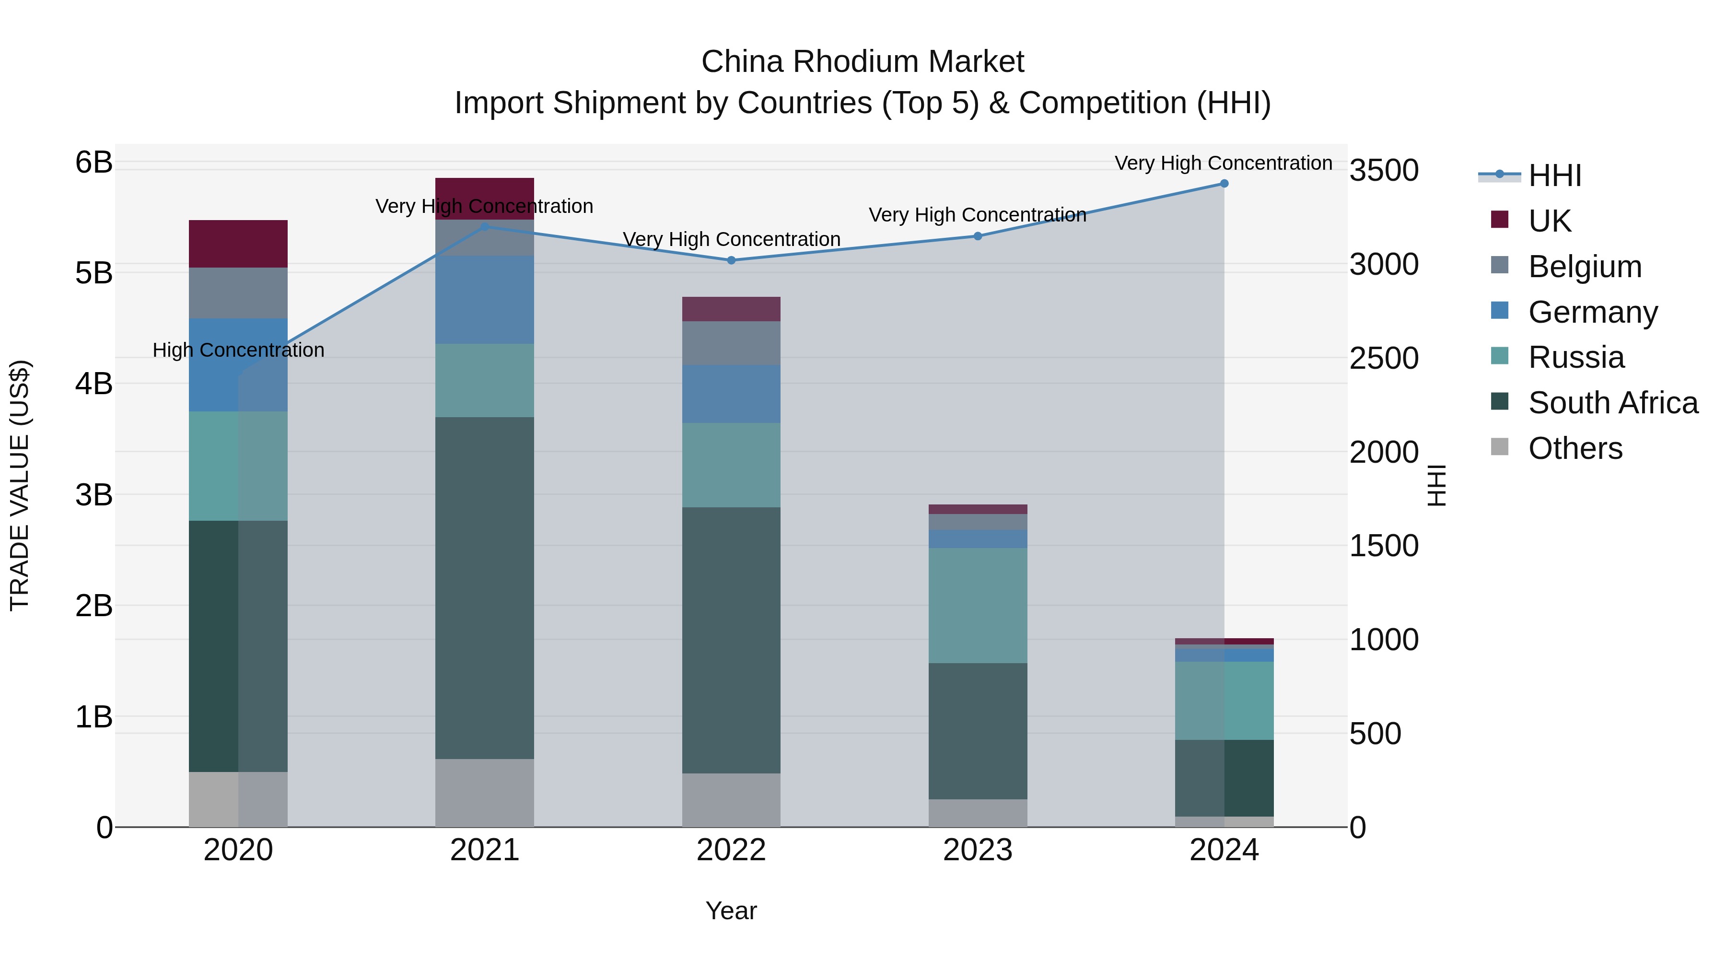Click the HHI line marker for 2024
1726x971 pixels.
pyautogui.click(x=1224, y=184)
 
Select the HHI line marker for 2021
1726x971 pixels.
pyautogui.click(x=485, y=226)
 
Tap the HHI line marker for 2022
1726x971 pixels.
pyautogui.click(x=732, y=260)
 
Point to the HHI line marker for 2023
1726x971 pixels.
pyautogui.click(x=978, y=236)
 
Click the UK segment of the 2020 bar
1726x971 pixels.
pyautogui.click(x=238, y=244)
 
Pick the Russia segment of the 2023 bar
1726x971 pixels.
pyautogui.click(x=978, y=605)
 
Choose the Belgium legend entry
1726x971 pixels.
pyautogui.click(x=1584, y=267)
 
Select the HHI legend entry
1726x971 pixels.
pyautogui.click(x=1554, y=175)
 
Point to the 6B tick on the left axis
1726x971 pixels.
pyautogui.click(x=94, y=163)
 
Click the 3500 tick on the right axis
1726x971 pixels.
pyautogui.click(x=1384, y=170)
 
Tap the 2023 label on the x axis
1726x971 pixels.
pyautogui.click(x=978, y=850)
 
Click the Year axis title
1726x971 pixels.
pyautogui.click(x=731, y=911)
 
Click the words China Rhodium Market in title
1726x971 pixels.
pyautogui.click(x=863, y=62)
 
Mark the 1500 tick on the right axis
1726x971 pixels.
pyautogui.click(x=1384, y=546)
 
